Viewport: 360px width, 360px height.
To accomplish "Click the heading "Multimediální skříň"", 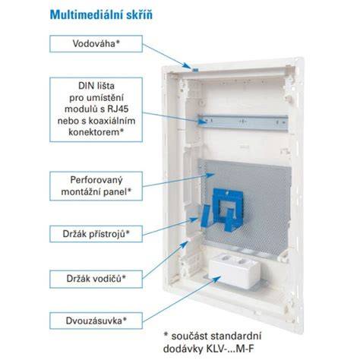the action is (x=101, y=14).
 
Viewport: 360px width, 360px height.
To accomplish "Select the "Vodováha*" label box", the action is (x=96, y=44).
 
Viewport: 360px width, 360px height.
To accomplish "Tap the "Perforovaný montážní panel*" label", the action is (x=96, y=186).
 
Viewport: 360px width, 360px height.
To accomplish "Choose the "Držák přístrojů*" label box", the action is (x=96, y=234).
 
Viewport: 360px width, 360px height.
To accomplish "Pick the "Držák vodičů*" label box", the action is (x=96, y=279).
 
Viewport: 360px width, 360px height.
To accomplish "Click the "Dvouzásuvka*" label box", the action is (x=96, y=321).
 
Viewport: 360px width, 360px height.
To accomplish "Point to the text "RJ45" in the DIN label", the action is (x=118, y=109).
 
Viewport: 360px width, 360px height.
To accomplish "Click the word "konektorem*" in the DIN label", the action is (x=96, y=132).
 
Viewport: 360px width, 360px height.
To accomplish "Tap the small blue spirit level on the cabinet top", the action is (x=195, y=70).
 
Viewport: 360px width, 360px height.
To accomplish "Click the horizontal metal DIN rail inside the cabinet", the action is (x=243, y=122).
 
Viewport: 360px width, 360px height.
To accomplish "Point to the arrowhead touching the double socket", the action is (x=216, y=279).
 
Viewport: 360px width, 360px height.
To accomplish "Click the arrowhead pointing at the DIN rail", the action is (x=203, y=122).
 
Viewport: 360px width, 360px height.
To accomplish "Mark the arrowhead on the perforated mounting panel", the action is (x=210, y=175).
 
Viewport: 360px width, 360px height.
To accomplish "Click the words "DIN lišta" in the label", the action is (x=96, y=86).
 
